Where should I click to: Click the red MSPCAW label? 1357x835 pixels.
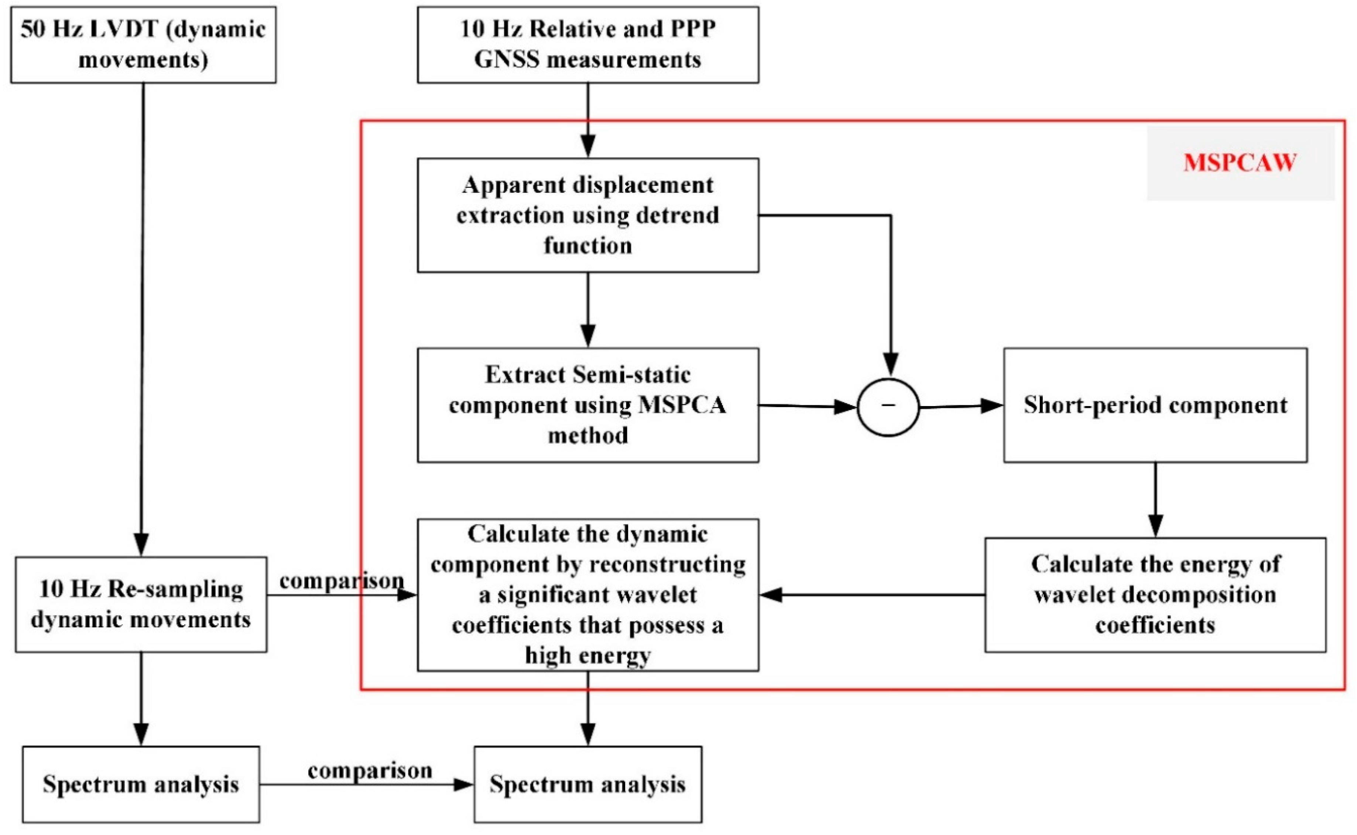click(x=1240, y=162)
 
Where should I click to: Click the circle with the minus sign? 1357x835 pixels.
click(x=888, y=407)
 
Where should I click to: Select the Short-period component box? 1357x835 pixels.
click(x=1155, y=405)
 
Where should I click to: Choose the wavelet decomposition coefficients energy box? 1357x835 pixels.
click(x=1155, y=595)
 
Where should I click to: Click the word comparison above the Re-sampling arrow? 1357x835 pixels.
click(x=342, y=580)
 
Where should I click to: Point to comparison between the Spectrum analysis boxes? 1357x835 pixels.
click(x=370, y=770)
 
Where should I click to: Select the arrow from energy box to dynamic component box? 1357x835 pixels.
click(x=872, y=595)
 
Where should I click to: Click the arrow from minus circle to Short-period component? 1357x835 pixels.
click(x=960, y=406)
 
